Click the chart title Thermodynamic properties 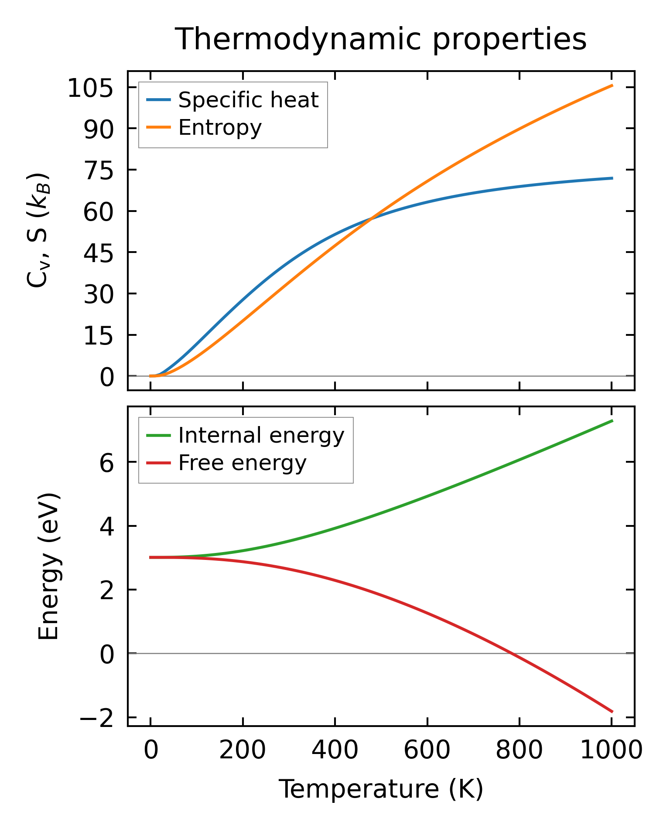click(380, 39)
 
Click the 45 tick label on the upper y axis click(98, 253)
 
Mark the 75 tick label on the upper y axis click(98, 171)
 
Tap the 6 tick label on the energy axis click(106, 463)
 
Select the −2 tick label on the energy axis click(96, 718)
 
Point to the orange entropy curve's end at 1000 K click(612, 85)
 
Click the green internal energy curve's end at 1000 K click(612, 421)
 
